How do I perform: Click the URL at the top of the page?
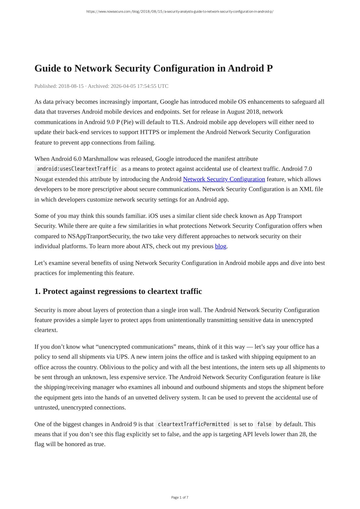coord(180,12)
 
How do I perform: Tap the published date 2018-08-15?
coord(71,86)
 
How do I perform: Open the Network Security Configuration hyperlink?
coord(224,179)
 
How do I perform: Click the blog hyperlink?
coord(221,246)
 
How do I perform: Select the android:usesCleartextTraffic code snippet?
coord(77,169)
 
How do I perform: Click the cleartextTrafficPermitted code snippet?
coord(193,424)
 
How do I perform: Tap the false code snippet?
coord(264,424)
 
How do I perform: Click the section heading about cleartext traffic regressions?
coord(118,291)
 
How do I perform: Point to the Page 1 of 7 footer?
coord(180,497)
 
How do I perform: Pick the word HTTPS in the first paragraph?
coord(150,132)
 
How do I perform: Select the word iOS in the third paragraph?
coord(153,216)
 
